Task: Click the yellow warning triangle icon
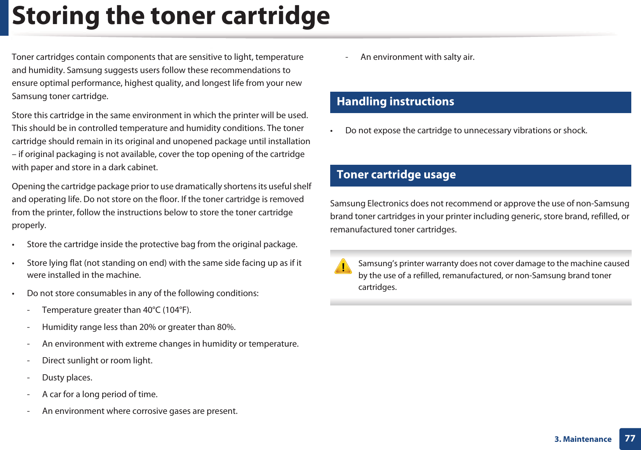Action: tap(343, 267)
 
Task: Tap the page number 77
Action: tap(630, 438)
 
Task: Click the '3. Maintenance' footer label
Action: tap(583, 439)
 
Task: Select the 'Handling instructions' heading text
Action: tap(395, 102)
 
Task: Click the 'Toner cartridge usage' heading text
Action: tap(396, 175)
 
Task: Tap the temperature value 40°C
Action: tap(152, 310)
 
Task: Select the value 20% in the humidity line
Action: tap(147, 327)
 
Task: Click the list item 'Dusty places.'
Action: tap(67, 378)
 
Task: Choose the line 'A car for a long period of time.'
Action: tap(100, 394)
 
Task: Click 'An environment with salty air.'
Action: tap(417, 57)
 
